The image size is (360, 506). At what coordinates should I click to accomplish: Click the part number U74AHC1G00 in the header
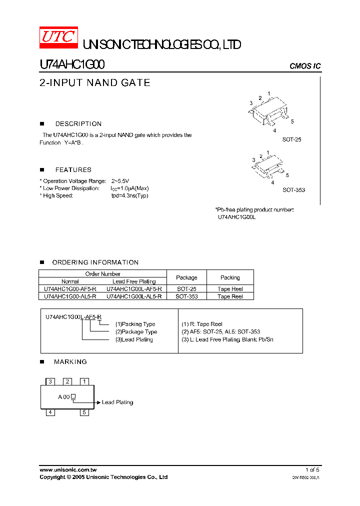click(72, 65)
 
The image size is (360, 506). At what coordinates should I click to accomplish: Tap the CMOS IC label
click(305, 66)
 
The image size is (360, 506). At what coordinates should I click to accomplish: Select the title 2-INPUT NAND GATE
click(94, 83)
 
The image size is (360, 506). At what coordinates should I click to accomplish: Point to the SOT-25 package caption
click(291, 140)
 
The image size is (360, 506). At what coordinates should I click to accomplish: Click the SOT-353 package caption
click(293, 190)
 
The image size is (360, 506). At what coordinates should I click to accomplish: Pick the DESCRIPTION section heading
click(78, 124)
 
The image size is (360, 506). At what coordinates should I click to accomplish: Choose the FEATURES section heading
click(73, 170)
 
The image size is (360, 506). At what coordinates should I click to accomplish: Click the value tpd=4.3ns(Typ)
click(129, 195)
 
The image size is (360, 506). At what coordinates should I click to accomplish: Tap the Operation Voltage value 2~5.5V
click(120, 181)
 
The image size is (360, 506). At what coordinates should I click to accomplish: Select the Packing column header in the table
click(230, 277)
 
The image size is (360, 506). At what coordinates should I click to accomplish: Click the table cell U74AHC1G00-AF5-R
click(70, 289)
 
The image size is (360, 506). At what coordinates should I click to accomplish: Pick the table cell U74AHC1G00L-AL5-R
click(134, 296)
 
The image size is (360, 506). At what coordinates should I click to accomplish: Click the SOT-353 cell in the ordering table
click(186, 296)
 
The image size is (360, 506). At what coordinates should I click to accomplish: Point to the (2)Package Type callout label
click(136, 332)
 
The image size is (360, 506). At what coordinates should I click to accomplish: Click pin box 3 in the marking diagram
click(50, 381)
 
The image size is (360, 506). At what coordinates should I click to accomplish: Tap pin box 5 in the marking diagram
click(84, 412)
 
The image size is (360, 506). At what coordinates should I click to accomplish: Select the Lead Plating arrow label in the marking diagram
click(117, 402)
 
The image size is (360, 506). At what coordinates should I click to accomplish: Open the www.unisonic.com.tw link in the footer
click(68, 470)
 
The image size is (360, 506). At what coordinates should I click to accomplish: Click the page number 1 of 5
click(312, 470)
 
